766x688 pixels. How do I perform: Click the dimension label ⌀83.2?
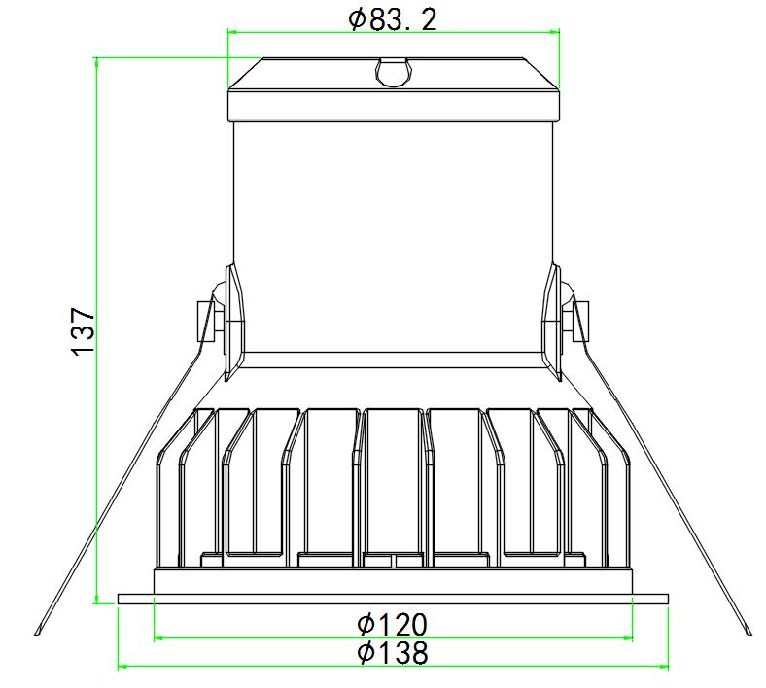point(393,20)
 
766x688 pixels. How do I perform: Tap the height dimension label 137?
point(83,331)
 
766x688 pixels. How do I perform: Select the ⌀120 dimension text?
point(393,625)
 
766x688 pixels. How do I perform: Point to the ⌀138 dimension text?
point(393,652)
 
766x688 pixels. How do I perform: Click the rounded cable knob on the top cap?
point(393,72)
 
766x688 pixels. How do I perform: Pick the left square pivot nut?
point(205,322)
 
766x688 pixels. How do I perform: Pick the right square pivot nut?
point(580,322)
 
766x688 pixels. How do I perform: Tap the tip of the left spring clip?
point(37,634)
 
